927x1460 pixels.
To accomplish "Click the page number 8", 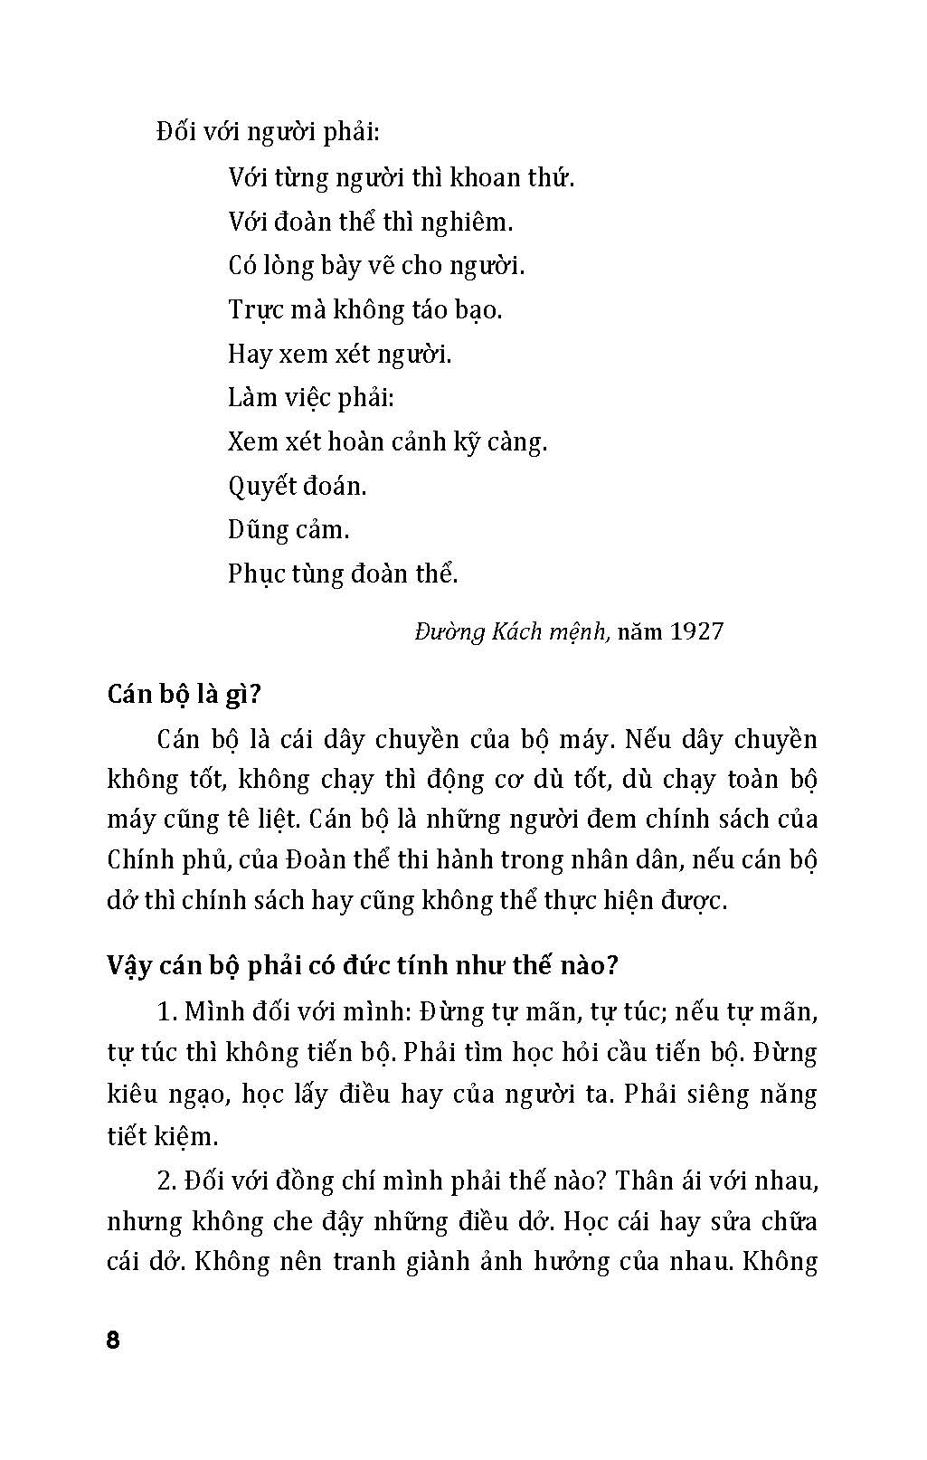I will point(113,1340).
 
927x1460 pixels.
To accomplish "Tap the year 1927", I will point(696,630).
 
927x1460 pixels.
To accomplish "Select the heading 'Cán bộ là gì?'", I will point(184,695).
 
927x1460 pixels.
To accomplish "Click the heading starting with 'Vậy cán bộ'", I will point(362,965).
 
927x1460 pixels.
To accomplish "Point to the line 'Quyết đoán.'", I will point(298,487).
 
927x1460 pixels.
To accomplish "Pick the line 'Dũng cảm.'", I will point(289,530).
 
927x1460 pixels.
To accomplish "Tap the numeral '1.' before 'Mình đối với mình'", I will point(166,1010).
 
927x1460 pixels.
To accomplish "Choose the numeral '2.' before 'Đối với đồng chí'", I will point(166,1181).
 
